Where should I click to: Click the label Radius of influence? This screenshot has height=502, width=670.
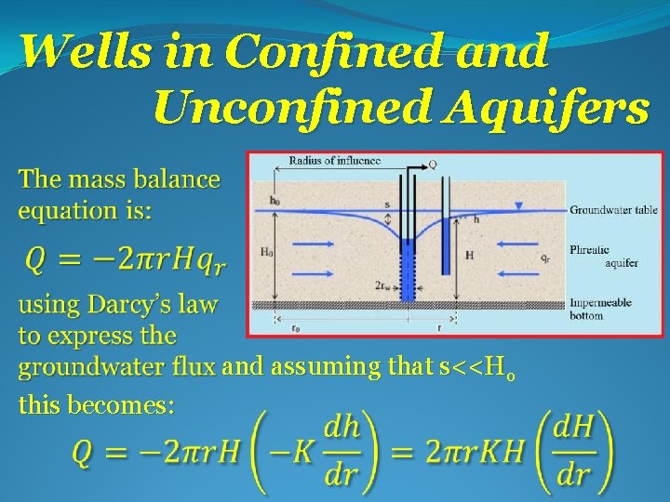click(x=335, y=161)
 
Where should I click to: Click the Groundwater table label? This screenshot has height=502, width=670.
click(x=613, y=210)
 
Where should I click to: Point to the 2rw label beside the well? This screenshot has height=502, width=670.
click(x=382, y=286)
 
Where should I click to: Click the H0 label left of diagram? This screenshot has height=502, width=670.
click(x=267, y=252)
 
